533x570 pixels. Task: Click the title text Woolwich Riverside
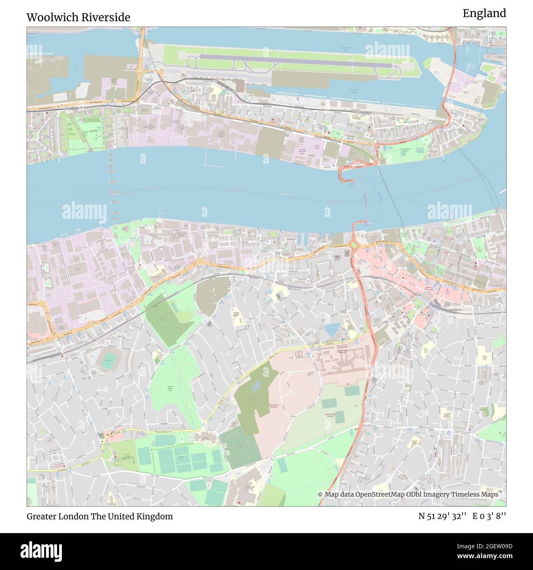point(78,17)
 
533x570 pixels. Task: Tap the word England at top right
point(484,14)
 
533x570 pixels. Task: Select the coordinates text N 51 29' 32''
point(442,516)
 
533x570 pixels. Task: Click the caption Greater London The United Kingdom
point(100,516)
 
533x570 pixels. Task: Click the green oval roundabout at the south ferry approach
point(353,245)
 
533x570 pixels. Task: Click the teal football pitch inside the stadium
point(108,363)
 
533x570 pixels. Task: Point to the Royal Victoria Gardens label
point(405,150)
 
